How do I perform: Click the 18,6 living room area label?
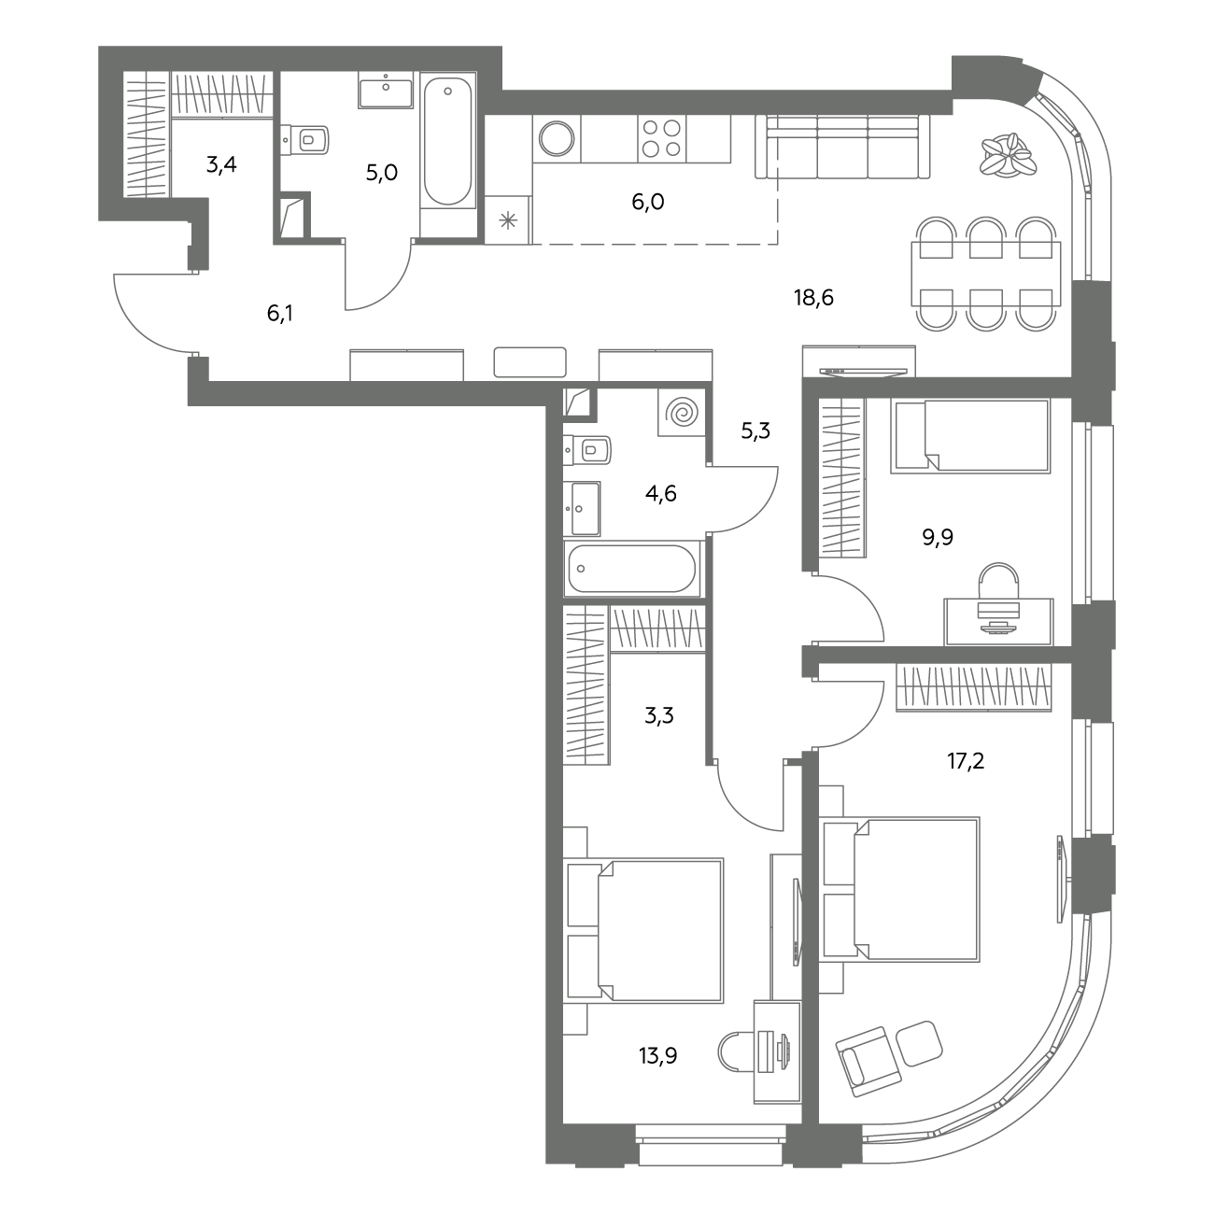[x=813, y=297]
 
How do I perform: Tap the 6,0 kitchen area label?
[x=648, y=203]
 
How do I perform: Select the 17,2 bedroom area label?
[x=966, y=761]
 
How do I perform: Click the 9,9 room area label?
[x=938, y=537]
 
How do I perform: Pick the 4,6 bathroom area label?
[x=661, y=493]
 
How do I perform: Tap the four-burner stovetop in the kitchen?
[x=661, y=138]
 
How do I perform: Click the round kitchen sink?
[x=557, y=138]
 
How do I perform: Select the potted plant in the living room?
[x=1008, y=154]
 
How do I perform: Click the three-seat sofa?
[x=842, y=147]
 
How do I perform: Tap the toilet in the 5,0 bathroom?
[x=305, y=139]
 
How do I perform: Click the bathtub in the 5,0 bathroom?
[x=447, y=141]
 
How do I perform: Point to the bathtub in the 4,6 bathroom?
[x=631, y=569]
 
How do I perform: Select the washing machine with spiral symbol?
[x=682, y=413]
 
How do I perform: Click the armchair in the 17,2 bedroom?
[x=868, y=1062]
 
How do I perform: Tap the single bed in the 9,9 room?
[x=970, y=436]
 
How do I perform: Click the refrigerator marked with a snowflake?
[x=508, y=219]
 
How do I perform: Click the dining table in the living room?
[x=986, y=274]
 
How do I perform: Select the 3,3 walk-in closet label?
[x=659, y=715]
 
